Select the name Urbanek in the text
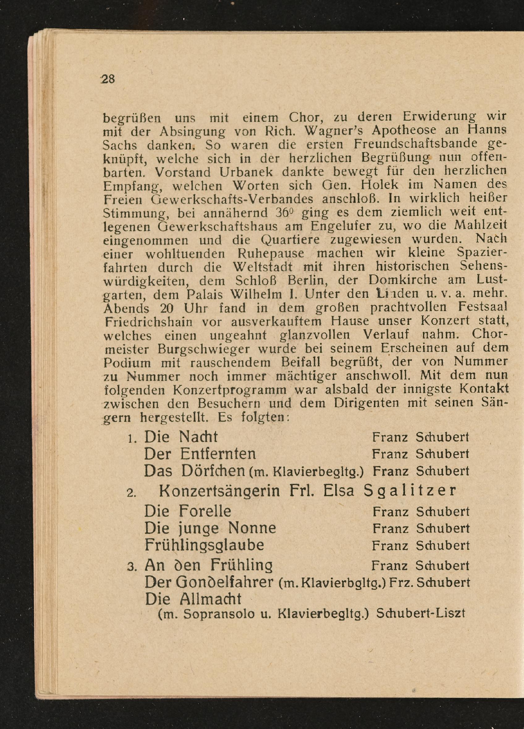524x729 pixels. [x=246, y=172]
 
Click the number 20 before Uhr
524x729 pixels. [x=167, y=308]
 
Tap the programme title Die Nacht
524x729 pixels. [x=181, y=437]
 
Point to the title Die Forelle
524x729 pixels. [x=188, y=511]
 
